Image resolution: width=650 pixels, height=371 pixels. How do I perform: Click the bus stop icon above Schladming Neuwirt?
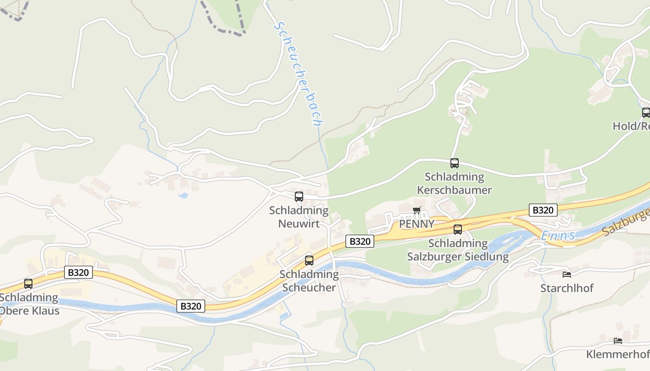point(299,197)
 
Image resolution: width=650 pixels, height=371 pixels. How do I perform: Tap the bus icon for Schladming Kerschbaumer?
point(455,163)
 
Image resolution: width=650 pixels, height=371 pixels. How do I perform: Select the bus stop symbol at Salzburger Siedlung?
point(458,230)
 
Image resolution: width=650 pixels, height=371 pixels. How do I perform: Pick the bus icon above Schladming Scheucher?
point(309,261)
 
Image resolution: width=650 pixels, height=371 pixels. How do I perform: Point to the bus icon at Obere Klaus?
point(28,284)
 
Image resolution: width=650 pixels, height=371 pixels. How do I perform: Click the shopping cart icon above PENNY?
point(417,211)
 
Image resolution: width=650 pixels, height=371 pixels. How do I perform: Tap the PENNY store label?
point(417,224)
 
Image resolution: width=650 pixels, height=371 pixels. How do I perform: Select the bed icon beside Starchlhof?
point(567,274)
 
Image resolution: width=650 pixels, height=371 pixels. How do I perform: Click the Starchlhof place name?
point(567,288)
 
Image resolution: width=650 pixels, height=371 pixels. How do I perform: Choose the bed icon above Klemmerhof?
point(618,341)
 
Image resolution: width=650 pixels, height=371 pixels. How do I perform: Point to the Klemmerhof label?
point(617,355)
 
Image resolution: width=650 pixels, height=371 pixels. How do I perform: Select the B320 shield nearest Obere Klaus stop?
point(78,272)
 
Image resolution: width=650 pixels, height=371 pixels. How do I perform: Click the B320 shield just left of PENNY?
point(360,241)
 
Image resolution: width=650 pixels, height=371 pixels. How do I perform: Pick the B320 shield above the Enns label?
point(543,210)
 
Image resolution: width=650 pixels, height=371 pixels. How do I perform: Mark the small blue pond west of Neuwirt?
point(183,196)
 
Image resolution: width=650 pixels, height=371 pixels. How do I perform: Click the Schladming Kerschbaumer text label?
point(454,184)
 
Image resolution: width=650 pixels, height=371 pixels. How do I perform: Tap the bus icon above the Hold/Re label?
point(646,112)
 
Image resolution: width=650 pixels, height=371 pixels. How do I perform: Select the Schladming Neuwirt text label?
point(299,217)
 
